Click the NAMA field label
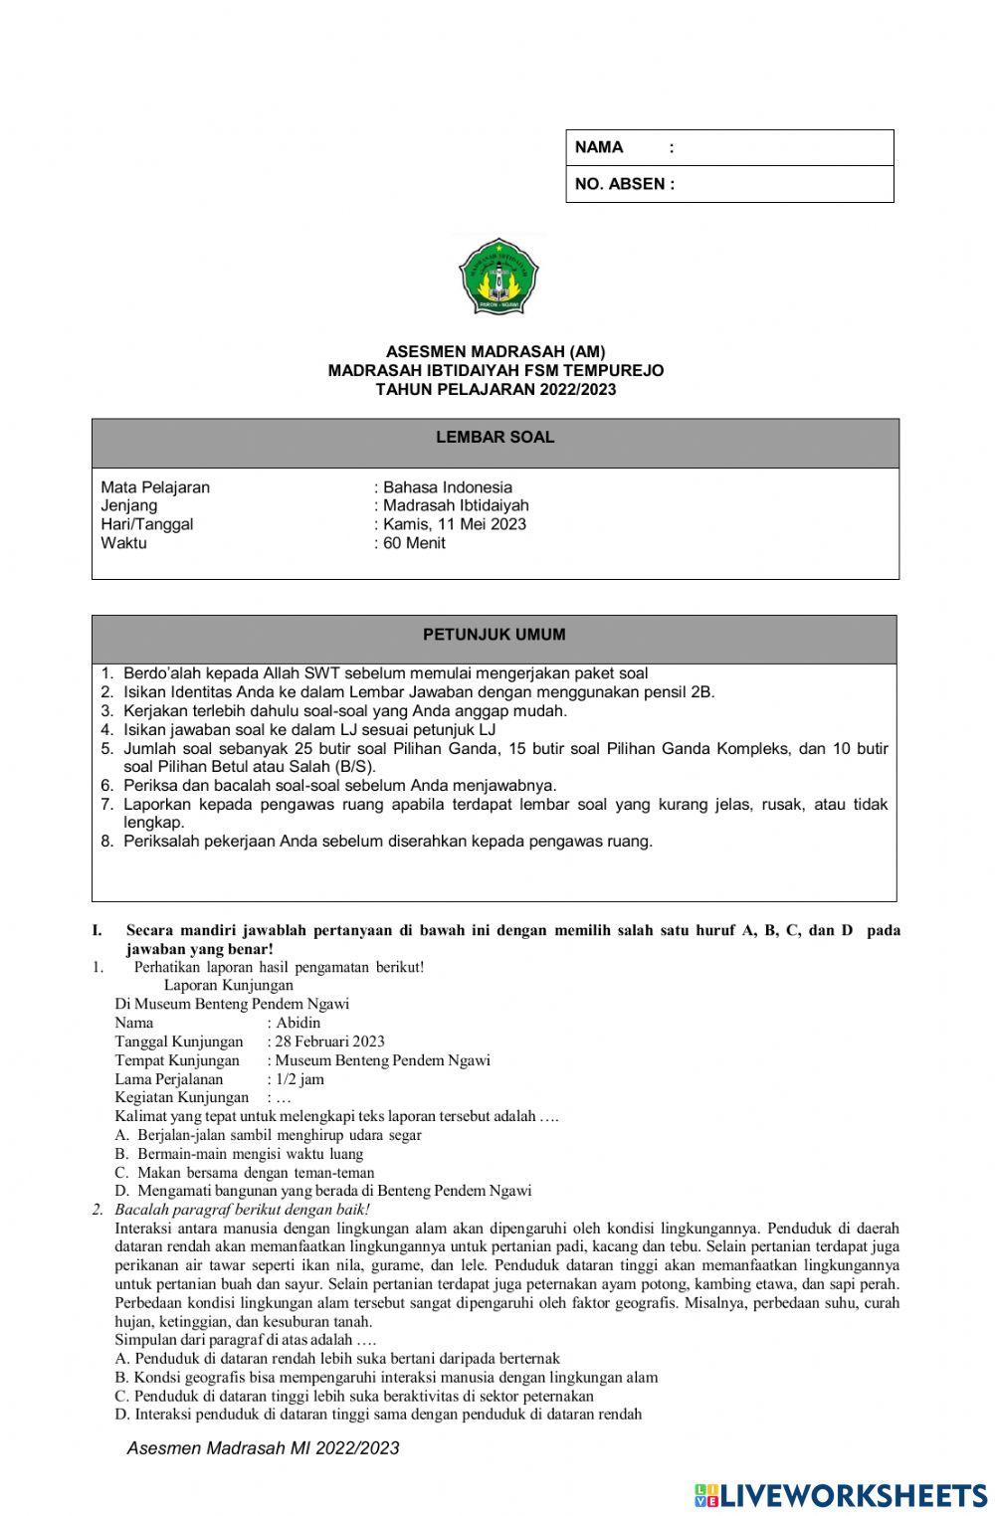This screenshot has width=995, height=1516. click(x=599, y=147)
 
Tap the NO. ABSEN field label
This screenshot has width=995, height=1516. click(x=624, y=184)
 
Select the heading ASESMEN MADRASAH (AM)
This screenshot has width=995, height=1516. click(x=496, y=351)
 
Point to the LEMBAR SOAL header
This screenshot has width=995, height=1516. click(x=496, y=438)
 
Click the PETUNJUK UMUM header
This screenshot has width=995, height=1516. click(x=495, y=635)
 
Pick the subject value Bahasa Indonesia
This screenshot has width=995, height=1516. click(x=448, y=487)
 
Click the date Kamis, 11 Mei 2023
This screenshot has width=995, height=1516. click(x=455, y=524)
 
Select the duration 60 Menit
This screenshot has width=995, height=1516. click(x=414, y=543)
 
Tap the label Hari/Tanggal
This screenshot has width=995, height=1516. click(x=147, y=524)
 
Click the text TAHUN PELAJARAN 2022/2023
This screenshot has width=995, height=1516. click(x=496, y=389)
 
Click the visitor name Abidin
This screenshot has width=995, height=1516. click(x=298, y=1023)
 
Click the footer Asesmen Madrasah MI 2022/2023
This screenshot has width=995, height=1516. click(x=263, y=1448)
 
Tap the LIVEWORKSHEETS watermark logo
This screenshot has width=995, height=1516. click(x=841, y=1495)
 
